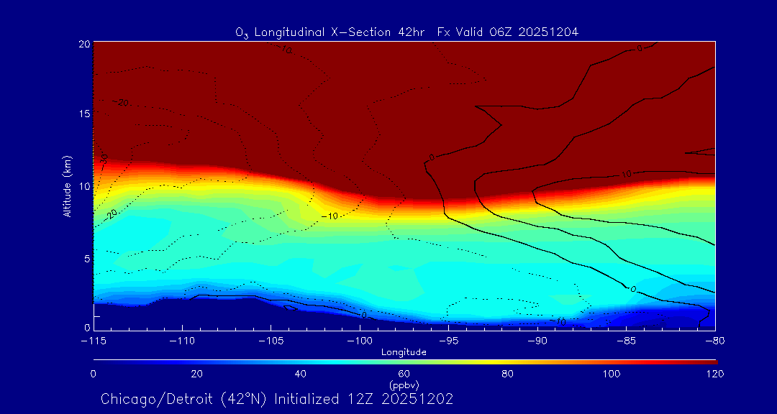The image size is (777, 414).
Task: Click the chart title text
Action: click(x=406, y=32)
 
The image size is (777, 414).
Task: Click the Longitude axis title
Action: click(x=404, y=352)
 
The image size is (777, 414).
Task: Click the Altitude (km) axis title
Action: click(x=68, y=186)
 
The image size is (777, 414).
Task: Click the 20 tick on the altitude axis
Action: click(x=83, y=44)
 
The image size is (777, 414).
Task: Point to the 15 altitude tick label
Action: click(x=83, y=115)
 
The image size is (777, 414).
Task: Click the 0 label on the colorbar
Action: click(x=94, y=374)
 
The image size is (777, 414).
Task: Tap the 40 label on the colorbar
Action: click(x=301, y=374)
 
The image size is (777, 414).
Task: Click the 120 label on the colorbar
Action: click(x=714, y=374)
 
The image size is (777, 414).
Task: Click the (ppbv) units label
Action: click(x=404, y=385)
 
